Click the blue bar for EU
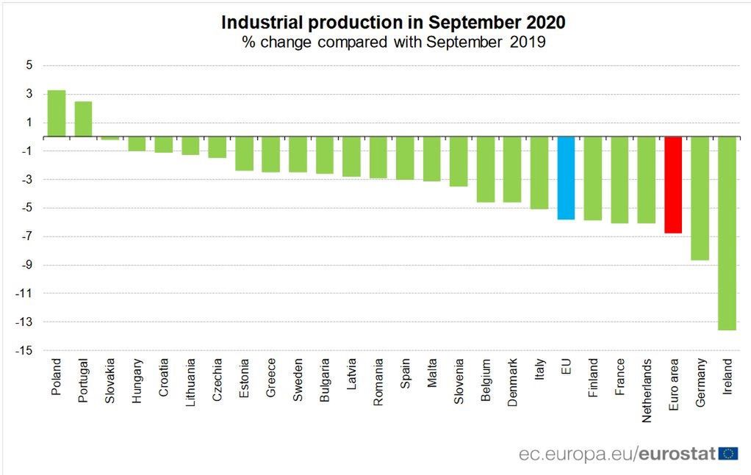(566, 178)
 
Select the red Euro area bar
(672, 184)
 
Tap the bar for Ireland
(726, 233)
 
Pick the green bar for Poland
(57, 114)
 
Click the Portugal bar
(83, 119)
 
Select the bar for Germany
(700, 198)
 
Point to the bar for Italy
(539, 173)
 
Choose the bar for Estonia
(244, 153)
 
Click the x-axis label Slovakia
(110, 377)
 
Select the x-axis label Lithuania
(190, 379)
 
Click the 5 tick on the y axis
(29, 65)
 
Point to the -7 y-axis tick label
(26, 236)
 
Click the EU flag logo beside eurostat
(728, 454)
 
